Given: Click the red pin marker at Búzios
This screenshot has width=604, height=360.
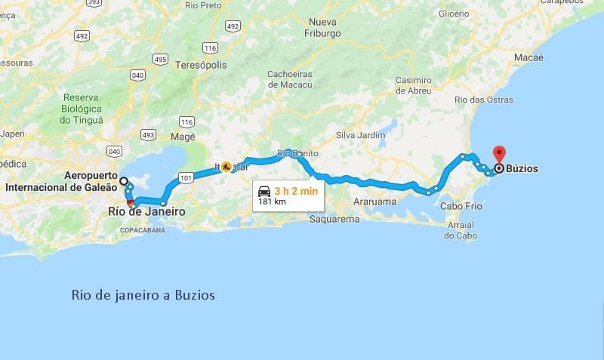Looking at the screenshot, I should coord(499,153).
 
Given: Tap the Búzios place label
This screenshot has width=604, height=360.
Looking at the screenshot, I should coord(522,169).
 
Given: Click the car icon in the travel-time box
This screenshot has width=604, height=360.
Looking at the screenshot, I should coord(263,190).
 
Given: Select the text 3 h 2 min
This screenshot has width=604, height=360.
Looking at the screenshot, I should coord(296,190).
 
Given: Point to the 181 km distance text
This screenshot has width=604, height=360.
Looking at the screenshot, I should coord(272,202).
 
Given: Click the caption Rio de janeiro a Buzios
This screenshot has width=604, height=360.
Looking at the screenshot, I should coord(143,295).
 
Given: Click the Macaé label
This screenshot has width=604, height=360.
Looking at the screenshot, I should coord(528,57).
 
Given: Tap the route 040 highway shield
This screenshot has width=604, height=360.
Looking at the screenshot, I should coord(137,75).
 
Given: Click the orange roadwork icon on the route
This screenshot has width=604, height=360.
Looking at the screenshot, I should coord(226,168).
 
